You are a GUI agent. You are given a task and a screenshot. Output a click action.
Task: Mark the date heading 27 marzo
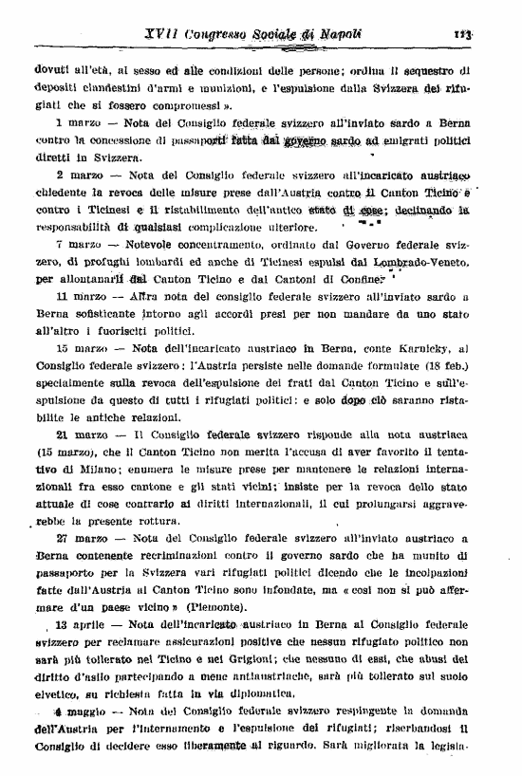[x=80, y=537]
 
